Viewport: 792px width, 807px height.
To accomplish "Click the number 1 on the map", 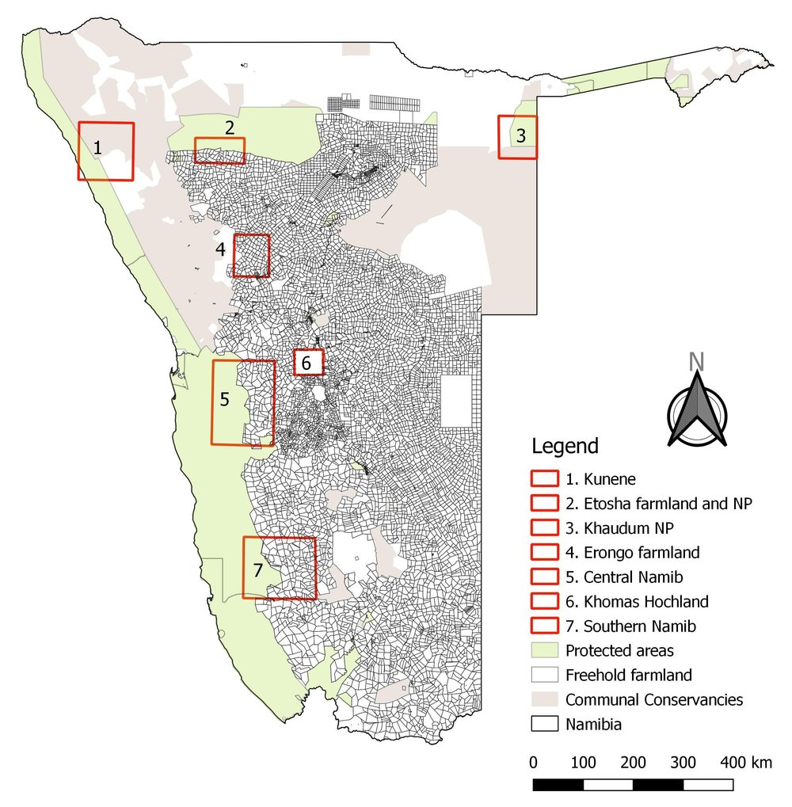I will tap(97, 147).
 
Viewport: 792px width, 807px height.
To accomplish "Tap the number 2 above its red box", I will tap(229, 127).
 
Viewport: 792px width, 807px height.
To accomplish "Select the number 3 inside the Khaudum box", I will tap(520, 135).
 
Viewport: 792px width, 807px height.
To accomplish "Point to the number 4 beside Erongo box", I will tap(221, 249).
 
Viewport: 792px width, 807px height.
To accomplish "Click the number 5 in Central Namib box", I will tap(224, 398).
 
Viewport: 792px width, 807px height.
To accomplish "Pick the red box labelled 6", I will tap(309, 363).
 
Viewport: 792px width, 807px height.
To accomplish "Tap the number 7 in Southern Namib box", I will tap(257, 569).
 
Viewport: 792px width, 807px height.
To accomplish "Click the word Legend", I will tap(565, 446).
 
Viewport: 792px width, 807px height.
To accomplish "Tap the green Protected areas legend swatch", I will tap(543, 650).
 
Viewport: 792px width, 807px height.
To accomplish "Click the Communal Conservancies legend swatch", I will tap(543, 699).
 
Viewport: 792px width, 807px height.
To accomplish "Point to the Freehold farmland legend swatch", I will tap(543, 675).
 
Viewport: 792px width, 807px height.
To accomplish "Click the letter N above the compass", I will tap(696, 361).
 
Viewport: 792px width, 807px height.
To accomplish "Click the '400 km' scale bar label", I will tap(745, 763).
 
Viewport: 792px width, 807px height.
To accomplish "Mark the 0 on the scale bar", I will tap(534, 763).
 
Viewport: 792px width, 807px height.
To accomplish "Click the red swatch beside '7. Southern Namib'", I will tap(543, 626).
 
